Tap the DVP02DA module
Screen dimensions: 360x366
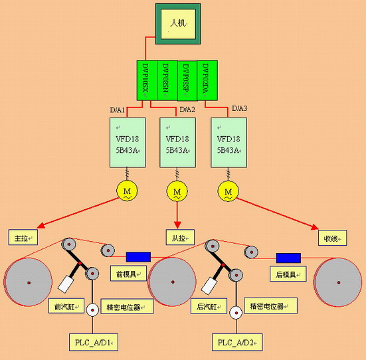tap(207, 80)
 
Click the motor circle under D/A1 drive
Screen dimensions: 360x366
tap(126, 192)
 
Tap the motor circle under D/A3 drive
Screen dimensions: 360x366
tap(228, 192)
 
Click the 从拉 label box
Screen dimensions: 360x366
tap(178, 236)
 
